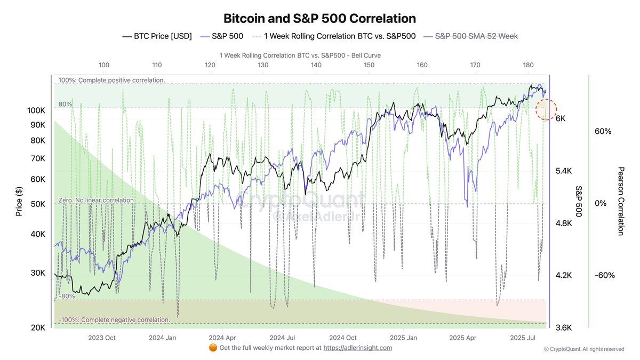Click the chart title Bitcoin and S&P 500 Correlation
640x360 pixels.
coord(319,18)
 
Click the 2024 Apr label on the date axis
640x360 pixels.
coord(222,338)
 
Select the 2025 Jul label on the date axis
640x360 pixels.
coord(523,338)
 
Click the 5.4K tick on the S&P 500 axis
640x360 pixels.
coord(564,171)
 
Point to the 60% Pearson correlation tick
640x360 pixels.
coord(603,131)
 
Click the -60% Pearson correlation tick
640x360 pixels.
coord(604,276)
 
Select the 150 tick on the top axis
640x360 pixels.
coord(369,65)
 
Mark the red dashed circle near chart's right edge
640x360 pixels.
coord(546,109)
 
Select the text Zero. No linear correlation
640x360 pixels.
coord(96,200)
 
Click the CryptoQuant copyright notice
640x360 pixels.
coord(583,349)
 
